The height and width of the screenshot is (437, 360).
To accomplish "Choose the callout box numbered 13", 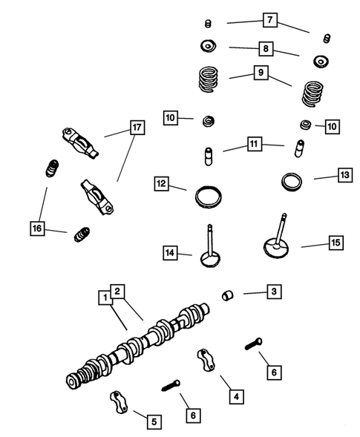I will point(344,175).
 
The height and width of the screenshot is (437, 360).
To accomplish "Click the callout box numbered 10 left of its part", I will point(171,118).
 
